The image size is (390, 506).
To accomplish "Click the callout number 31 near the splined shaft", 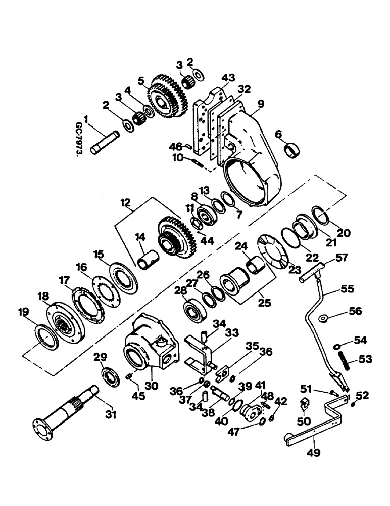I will pyautogui.click(x=110, y=415).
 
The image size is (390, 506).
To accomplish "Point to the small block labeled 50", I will pyautogui.click(x=305, y=405).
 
